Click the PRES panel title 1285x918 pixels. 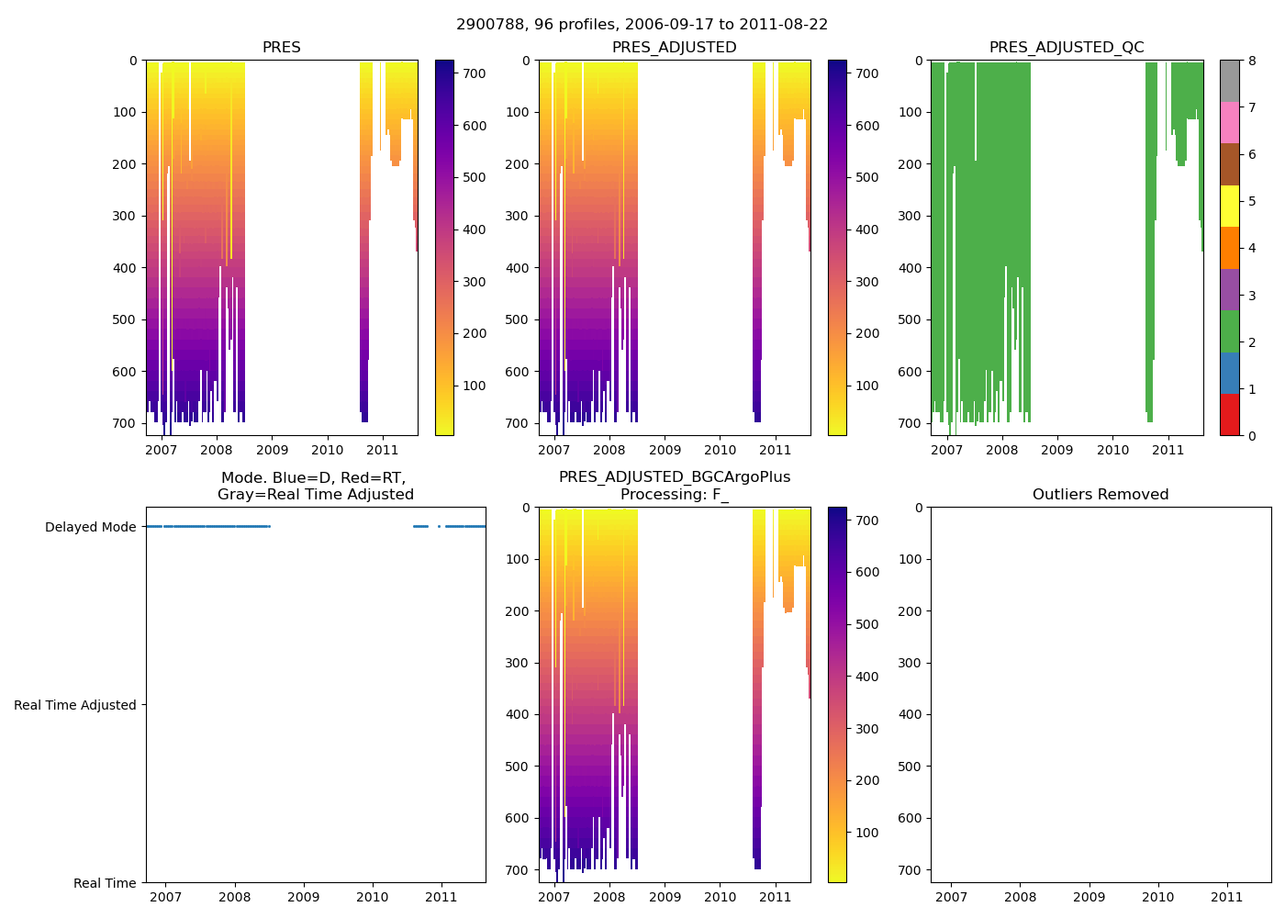(x=281, y=48)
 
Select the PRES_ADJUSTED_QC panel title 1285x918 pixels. (x=1066, y=48)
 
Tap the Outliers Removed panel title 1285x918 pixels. (x=1100, y=495)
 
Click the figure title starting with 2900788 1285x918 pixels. (x=642, y=25)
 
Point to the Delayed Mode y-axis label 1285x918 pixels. (x=90, y=527)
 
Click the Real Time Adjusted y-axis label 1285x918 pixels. (x=75, y=705)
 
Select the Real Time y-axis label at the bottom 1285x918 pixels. (x=105, y=883)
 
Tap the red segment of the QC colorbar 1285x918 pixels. (x=1229, y=414)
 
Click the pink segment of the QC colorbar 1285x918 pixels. (x=1229, y=122)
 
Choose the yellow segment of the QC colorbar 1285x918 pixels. (x=1229, y=206)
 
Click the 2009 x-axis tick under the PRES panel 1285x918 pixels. (x=272, y=451)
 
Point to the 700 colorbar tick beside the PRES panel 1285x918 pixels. (x=474, y=73)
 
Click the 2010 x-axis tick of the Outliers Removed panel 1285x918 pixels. (x=1157, y=897)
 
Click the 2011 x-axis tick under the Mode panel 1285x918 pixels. (x=441, y=897)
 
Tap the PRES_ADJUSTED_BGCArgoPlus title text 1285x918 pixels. (x=674, y=477)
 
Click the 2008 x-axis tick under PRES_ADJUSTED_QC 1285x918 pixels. (x=1001, y=451)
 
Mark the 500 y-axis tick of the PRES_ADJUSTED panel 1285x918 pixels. (x=518, y=319)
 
